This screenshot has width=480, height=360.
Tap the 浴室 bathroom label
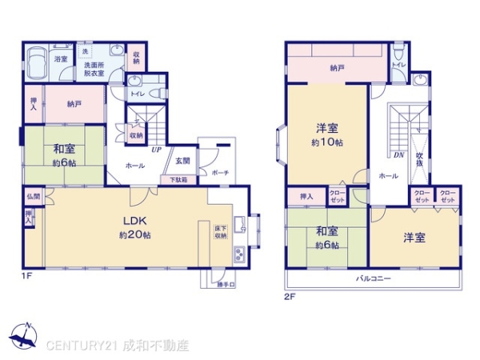pyautogui.click(x=60, y=59)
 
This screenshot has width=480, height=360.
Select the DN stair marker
pyautogui.click(x=398, y=154)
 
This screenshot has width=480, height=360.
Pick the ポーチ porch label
pyautogui.click(x=220, y=172)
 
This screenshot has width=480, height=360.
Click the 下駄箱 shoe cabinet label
pyautogui.click(x=178, y=180)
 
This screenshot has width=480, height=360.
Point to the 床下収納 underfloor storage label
pyautogui.click(x=220, y=232)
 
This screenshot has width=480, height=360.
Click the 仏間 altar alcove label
pyautogui.click(x=33, y=196)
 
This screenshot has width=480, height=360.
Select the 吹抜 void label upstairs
pyautogui.click(x=418, y=160)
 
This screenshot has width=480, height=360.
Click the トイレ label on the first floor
pyautogui.click(x=137, y=93)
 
